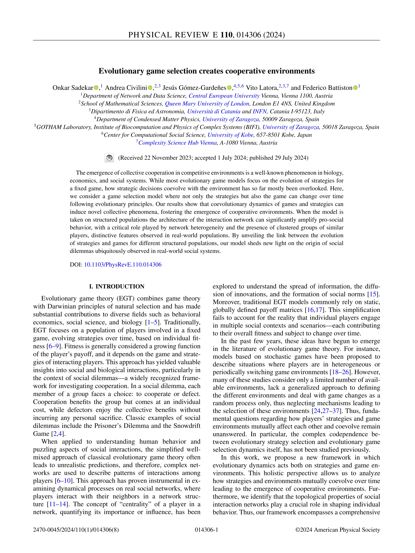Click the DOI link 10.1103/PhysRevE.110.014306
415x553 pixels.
tap(123, 265)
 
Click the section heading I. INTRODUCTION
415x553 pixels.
tap(117, 286)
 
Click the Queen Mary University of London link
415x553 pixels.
tap(207, 104)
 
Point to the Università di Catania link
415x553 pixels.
tap(214, 111)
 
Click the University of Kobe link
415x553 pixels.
tap(230, 135)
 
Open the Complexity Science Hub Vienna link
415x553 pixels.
tap(177, 143)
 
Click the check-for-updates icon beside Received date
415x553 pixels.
tap(109, 158)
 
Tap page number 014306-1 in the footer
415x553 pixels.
tap(206, 530)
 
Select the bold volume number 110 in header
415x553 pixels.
tap(226, 35)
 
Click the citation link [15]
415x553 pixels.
tap(373, 294)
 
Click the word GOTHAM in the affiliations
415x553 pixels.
tap(49, 127)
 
